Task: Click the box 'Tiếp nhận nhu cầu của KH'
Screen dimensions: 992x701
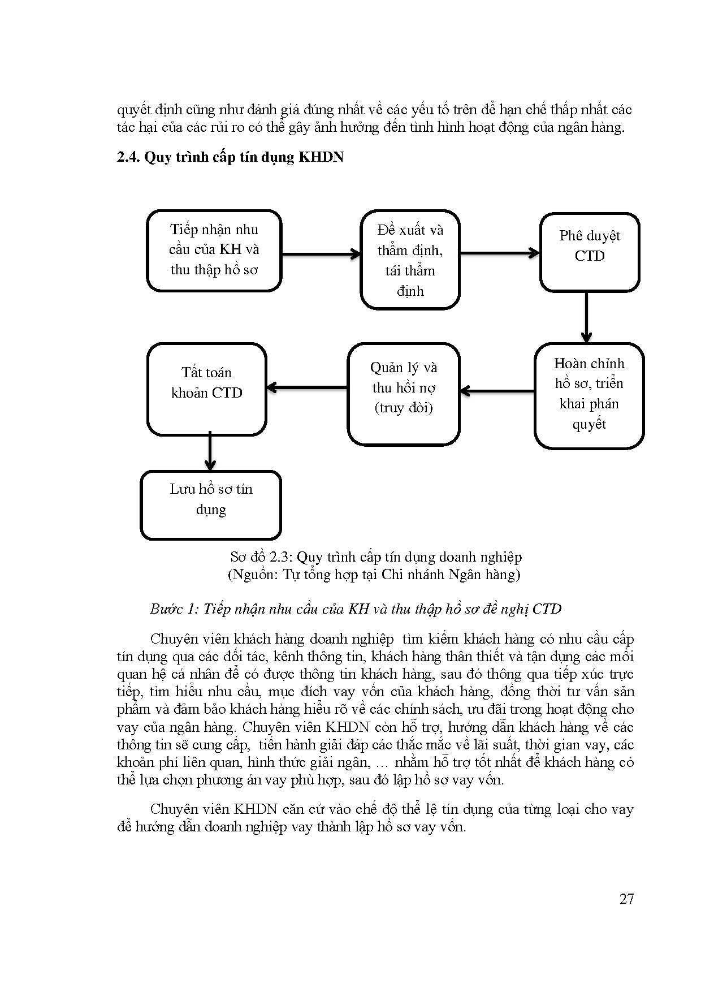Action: click(x=214, y=250)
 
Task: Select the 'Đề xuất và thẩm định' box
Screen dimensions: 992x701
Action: click(x=410, y=260)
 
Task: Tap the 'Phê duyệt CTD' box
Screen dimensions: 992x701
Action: click(x=589, y=252)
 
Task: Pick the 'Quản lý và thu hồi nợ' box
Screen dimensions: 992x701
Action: click(x=403, y=394)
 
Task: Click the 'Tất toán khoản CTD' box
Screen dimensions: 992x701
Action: click(x=206, y=389)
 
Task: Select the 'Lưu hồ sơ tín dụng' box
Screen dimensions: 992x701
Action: click(x=210, y=504)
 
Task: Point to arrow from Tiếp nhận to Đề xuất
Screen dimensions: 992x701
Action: click(x=321, y=254)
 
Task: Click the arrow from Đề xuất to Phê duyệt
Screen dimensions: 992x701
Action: click(x=499, y=253)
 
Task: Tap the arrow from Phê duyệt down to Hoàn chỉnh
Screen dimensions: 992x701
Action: click(x=586, y=317)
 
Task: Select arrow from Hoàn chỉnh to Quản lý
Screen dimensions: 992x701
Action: click(x=497, y=391)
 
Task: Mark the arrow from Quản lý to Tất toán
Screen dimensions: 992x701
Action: click(x=306, y=387)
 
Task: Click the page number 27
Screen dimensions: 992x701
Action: click(x=626, y=899)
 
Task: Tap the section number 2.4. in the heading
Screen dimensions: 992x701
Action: click(x=128, y=157)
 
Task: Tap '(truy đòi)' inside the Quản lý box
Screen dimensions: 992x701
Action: click(x=403, y=408)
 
